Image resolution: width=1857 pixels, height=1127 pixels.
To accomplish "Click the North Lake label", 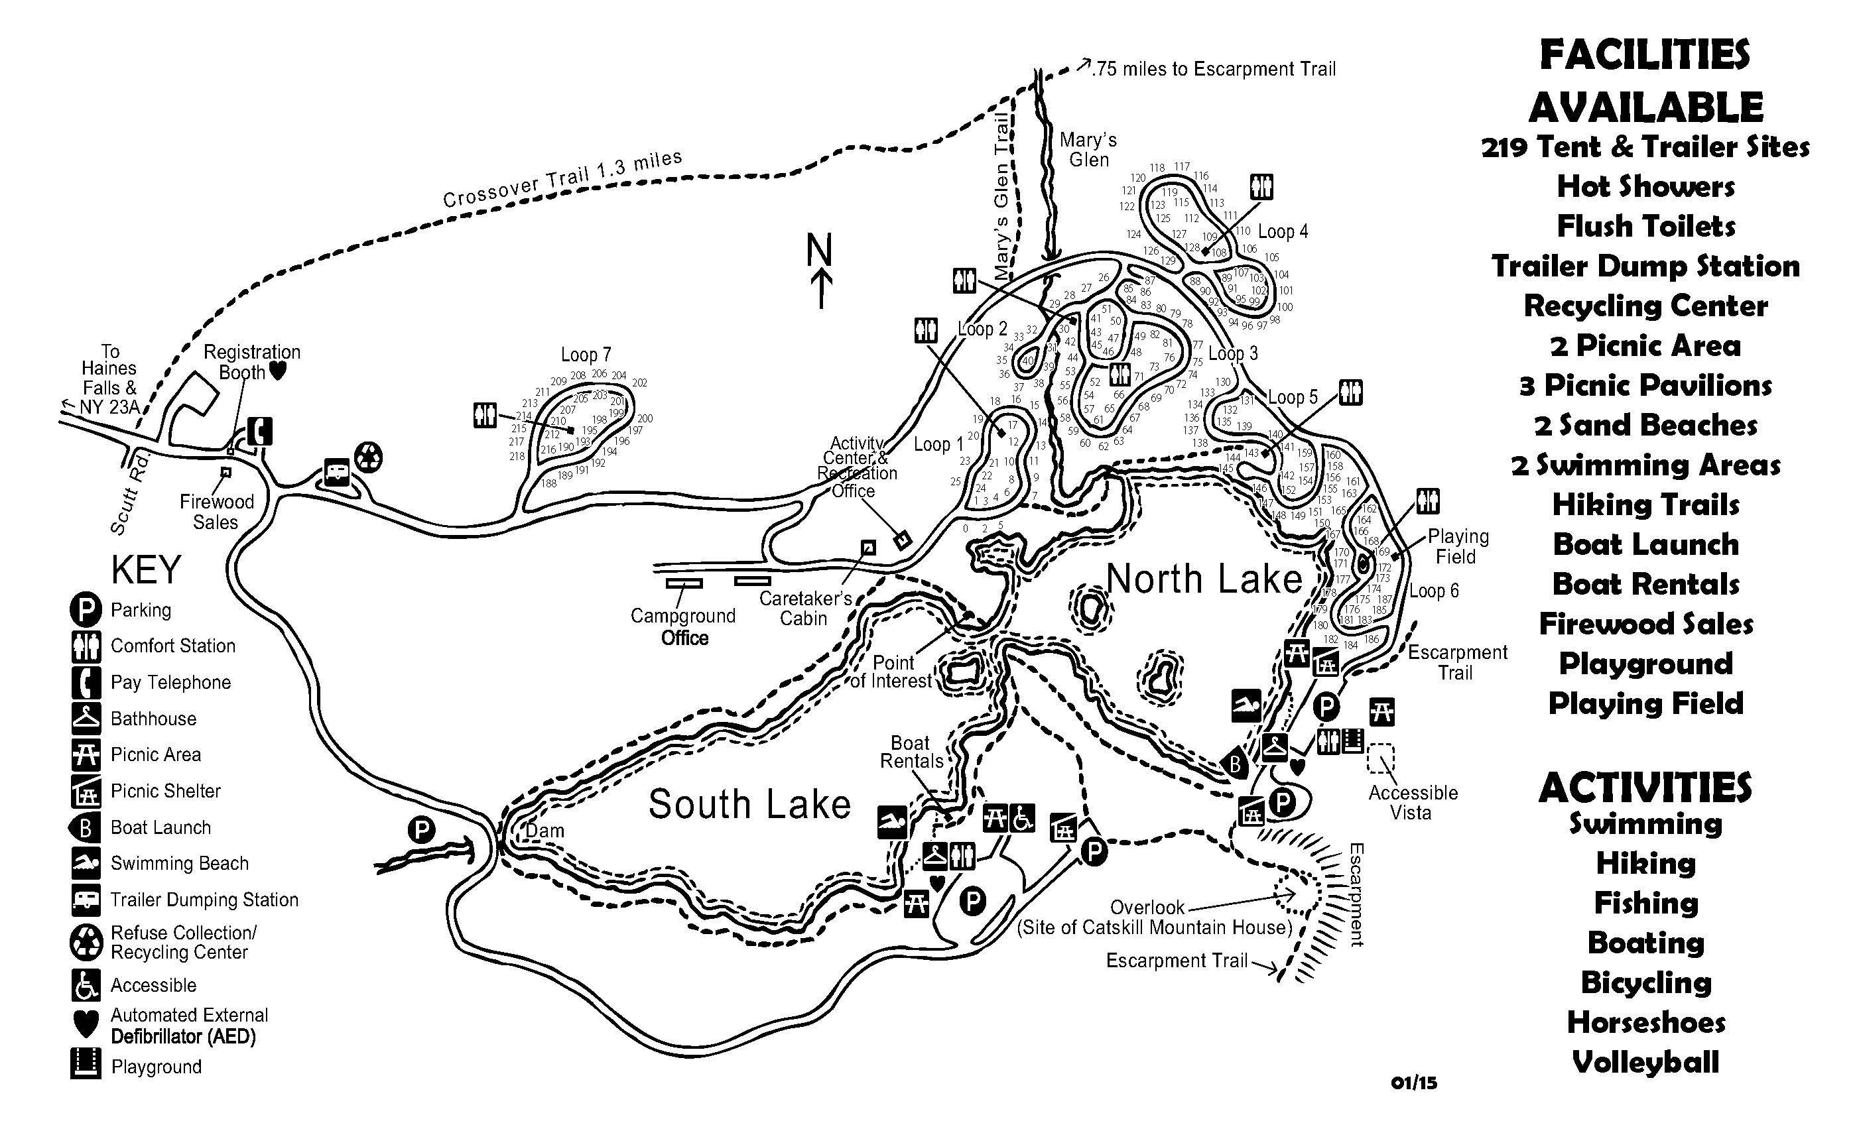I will tap(1204, 579).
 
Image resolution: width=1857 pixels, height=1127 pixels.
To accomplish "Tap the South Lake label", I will tap(749, 803).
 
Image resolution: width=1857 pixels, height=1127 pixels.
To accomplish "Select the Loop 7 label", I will tap(586, 354).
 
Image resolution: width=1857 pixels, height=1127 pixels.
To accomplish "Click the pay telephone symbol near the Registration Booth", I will tap(259, 432).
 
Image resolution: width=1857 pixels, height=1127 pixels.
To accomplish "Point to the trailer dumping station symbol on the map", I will tap(336, 472).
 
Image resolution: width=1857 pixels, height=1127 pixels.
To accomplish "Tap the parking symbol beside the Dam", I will tap(421, 830).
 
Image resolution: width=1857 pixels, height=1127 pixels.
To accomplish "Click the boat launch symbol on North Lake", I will tap(1234, 764).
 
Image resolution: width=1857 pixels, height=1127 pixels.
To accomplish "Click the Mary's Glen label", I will tap(1088, 149).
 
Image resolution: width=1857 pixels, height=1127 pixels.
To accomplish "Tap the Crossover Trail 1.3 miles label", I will tap(562, 178).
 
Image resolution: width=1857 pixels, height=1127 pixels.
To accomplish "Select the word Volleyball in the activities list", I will tap(1645, 1062).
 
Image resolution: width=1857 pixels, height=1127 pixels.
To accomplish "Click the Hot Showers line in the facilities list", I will tap(1645, 186).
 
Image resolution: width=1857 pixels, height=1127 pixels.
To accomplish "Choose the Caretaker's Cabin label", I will tap(804, 608).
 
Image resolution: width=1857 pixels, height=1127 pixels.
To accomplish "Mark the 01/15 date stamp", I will tap(1414, 1083).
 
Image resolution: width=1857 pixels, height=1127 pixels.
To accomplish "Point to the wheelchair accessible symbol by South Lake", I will tap(1022, 818).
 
